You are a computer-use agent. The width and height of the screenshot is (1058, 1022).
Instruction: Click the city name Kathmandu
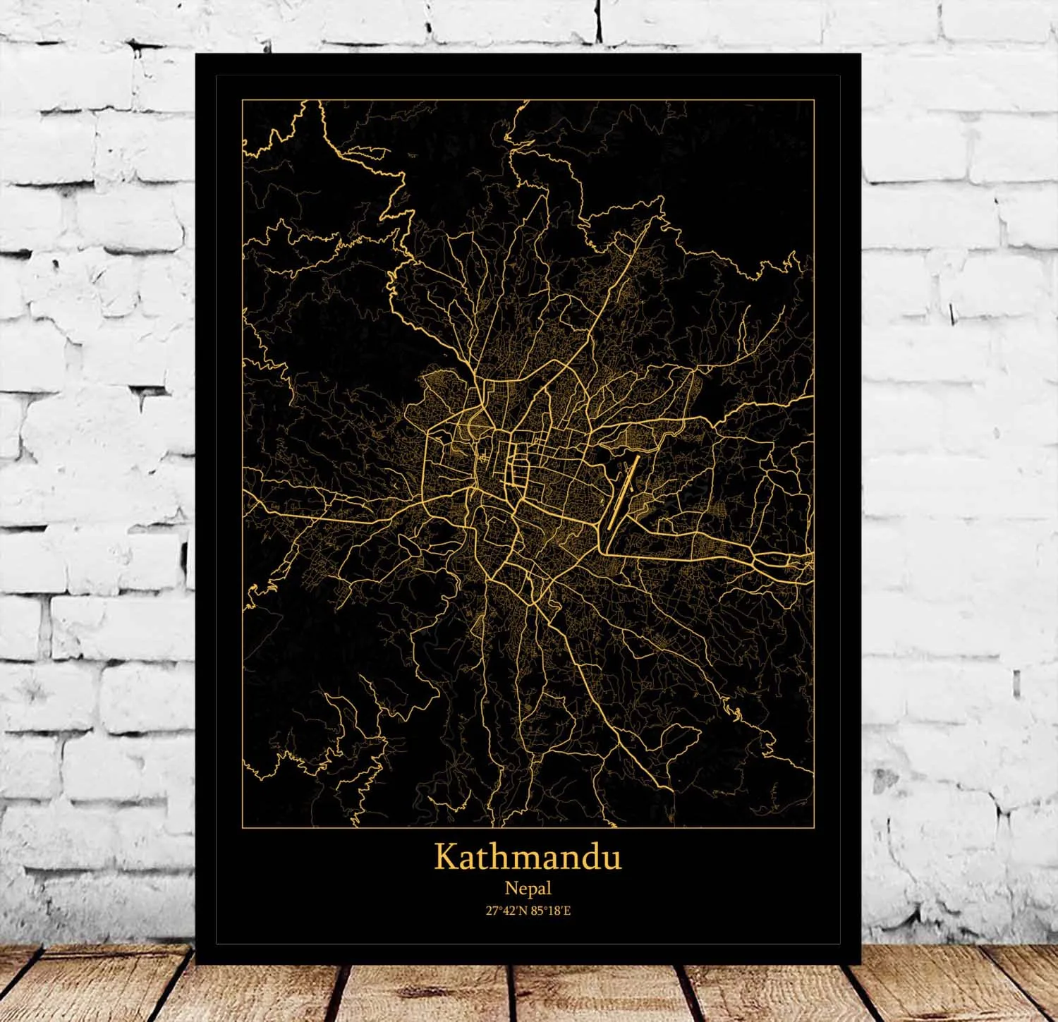tap(528, 857)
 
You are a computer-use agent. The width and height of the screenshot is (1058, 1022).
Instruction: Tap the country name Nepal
tap(528, 889)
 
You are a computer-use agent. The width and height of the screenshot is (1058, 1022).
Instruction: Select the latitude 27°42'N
tap(506, 911)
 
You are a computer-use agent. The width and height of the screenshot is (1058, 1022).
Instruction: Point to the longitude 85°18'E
tap(552, 911)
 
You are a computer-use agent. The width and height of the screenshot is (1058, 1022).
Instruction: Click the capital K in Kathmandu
tap(445, 856)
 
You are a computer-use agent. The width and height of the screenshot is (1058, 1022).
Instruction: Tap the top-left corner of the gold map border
tap(243, 100)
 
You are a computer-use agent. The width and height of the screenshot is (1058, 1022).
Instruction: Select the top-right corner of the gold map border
tap(814, 100)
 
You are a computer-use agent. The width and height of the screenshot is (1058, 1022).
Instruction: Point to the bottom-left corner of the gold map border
tap(243, 827)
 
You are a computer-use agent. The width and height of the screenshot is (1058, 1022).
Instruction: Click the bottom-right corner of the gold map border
tap(814, 827)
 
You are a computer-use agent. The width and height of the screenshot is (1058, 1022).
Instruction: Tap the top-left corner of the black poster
tap(196, 54)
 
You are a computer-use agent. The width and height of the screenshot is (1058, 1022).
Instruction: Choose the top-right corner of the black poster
tap(861, 54)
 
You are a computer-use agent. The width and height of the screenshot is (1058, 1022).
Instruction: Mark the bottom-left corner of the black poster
tap(196, 963)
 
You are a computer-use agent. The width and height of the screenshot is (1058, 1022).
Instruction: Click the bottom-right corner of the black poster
tap(861, 963)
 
